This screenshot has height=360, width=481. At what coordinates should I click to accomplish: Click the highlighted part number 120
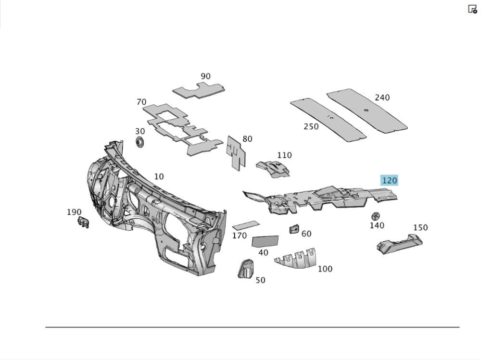(389, 181)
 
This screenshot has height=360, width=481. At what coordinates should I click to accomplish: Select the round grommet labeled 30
(140, 142)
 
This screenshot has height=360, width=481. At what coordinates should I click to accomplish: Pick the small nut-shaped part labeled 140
(376, 216)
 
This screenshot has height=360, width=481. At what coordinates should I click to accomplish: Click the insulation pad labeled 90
(200, 90)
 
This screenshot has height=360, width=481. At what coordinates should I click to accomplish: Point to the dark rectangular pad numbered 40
(265, 240)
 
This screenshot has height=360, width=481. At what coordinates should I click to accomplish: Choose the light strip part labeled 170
(246, 224)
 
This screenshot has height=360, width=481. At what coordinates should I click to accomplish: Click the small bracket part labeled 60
(294, 229)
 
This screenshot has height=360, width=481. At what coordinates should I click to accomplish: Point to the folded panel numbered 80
(235, 152)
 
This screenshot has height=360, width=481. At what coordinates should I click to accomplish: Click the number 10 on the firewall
(159, 176)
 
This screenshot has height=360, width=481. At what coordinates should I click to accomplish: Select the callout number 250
(311, 126)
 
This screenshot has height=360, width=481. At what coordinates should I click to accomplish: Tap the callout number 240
(382, 98)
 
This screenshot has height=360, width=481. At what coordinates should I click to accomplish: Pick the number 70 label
(141, 102)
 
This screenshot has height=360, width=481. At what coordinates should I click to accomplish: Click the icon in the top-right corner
(472, 9)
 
